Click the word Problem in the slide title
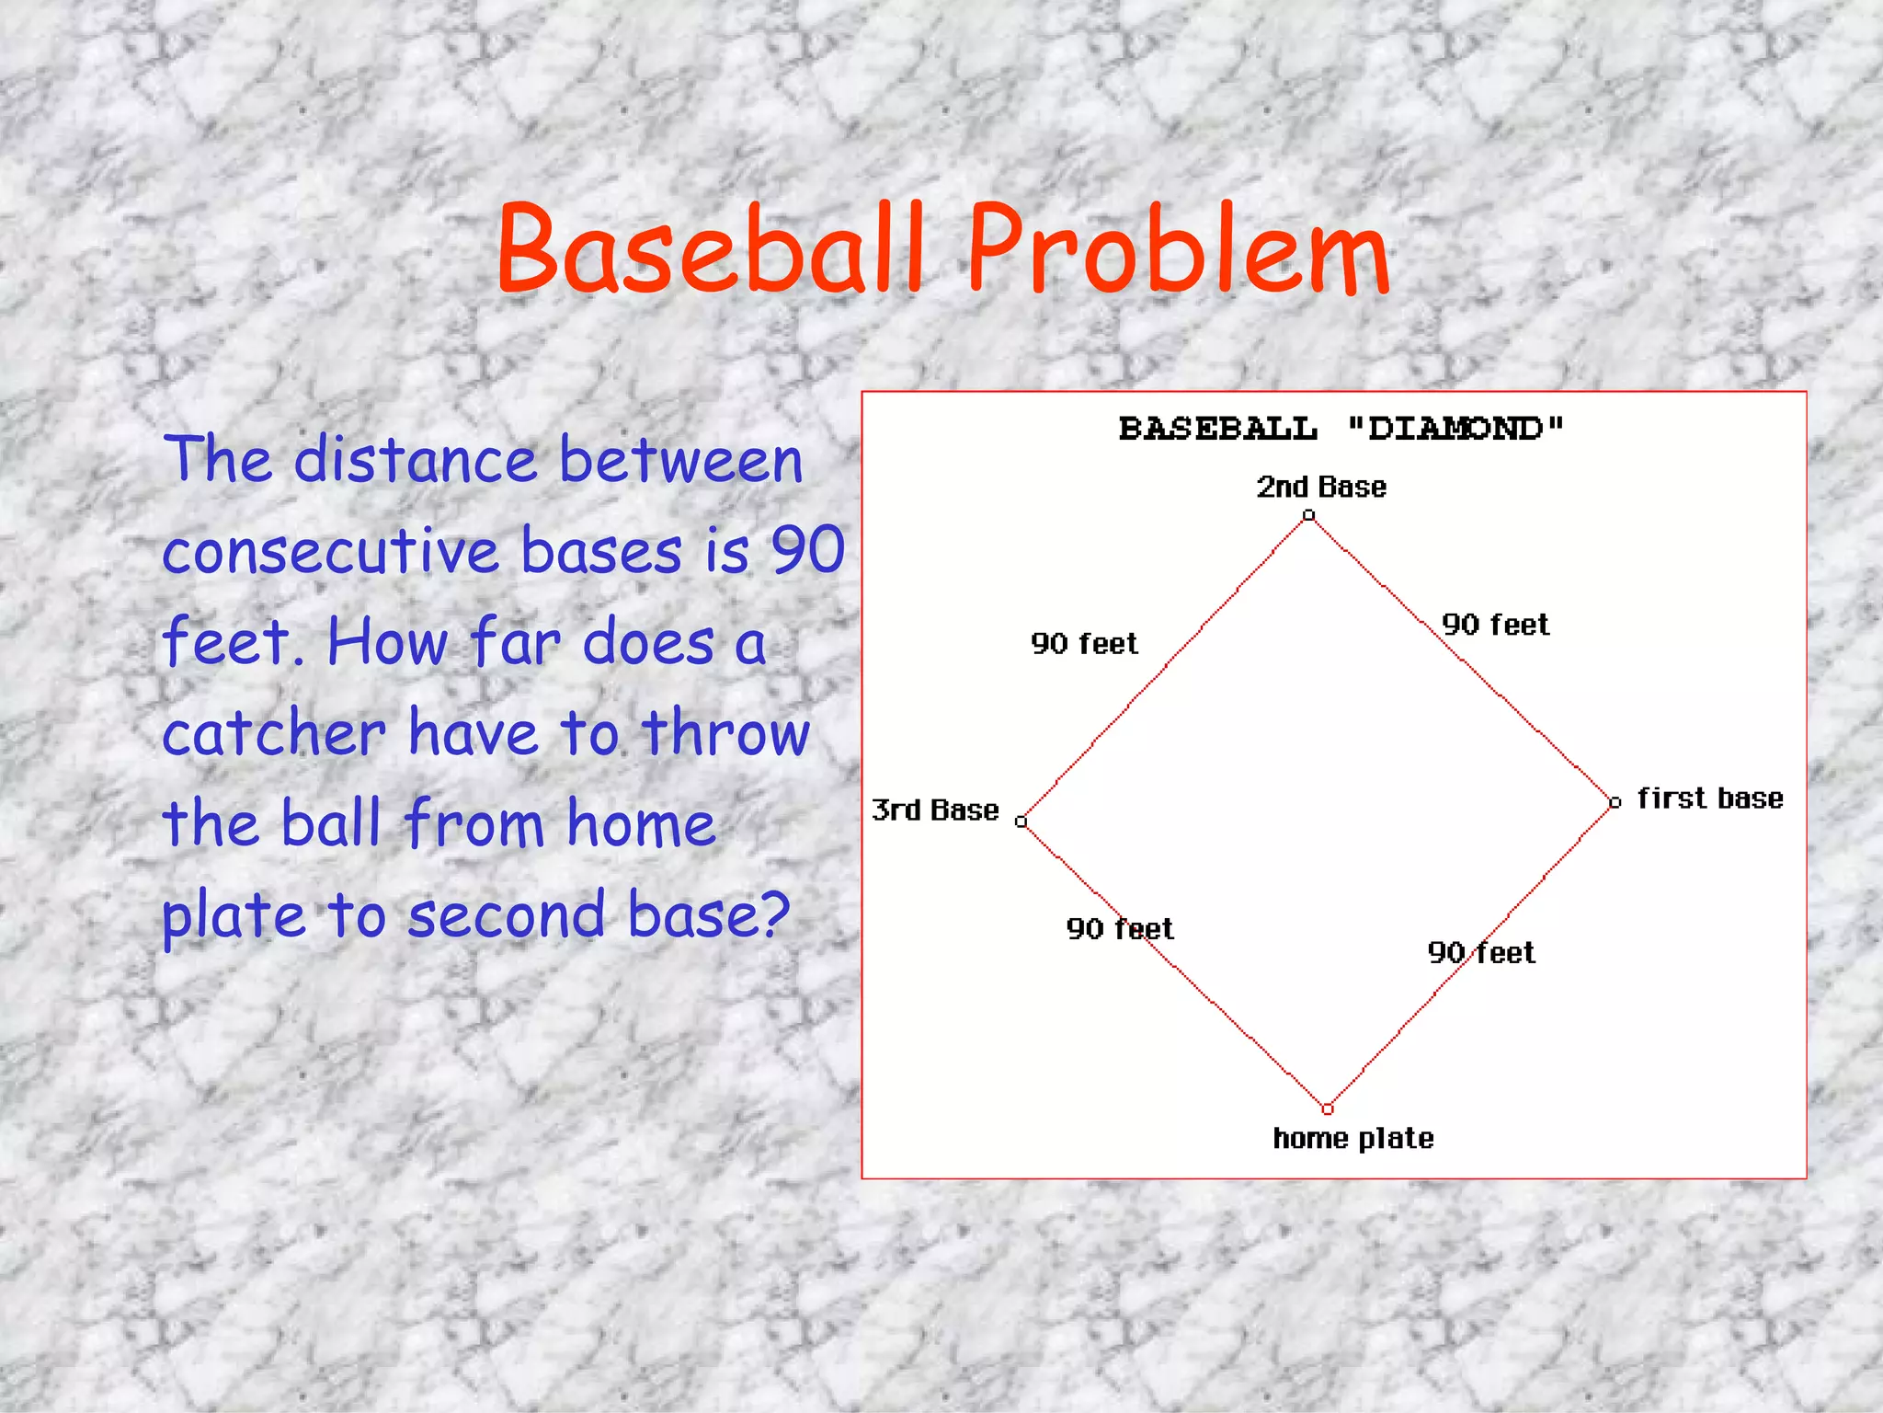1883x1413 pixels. coord(1178,250)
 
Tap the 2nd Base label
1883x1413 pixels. coord(1321,487)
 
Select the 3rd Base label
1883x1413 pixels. coord(935,810)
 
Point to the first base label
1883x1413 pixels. coord(1710,798)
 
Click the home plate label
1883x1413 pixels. coord(1352,1138)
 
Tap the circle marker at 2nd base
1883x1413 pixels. coord(1308,516)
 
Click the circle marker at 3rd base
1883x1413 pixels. coord(1021,821)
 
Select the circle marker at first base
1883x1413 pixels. coord(1615,802)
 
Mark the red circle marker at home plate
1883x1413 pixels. coord(1327,1109)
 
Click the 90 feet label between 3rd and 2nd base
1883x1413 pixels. coord(1084,643)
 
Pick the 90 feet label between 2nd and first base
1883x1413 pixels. coord(1495,625)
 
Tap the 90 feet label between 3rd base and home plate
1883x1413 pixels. coord(1120,928)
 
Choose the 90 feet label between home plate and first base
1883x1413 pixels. coord(1481,952)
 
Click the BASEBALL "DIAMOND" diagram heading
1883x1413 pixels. coord(1341,429)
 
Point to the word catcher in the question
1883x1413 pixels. coord(274,734)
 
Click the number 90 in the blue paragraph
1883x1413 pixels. coord(807,550)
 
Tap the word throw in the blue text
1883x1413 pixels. coord(725,733)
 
